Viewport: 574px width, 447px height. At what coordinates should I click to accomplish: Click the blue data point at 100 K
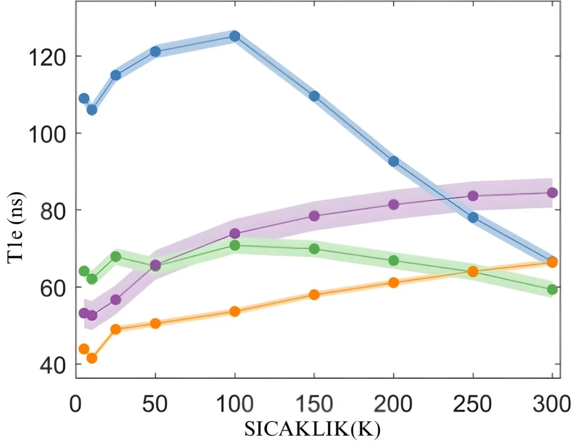(x=235, y=36)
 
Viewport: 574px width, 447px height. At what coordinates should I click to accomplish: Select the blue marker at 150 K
(x=314, y=96)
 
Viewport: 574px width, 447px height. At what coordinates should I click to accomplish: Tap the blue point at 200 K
(x=394, y=162)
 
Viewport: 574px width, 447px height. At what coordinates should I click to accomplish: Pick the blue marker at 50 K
(x=156, y=52)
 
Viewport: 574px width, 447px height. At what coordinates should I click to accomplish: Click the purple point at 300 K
(x=552, y=193)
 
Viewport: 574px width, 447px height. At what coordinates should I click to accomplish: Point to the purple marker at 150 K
(x=314, y=216)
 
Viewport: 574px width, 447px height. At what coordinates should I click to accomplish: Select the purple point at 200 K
(x=394, y=205)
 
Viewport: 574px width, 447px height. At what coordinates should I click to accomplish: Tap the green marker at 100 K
(x=235, y=245)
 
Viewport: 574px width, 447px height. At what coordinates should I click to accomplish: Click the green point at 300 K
(x=552, y=289)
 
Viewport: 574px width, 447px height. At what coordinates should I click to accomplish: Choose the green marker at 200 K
(x=394, y=261)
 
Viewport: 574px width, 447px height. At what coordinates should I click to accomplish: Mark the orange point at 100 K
(x=235, y=311)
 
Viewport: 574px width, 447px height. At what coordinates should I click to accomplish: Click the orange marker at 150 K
(x=314, y=294)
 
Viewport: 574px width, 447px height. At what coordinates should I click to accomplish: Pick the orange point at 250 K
(x=473, y=271)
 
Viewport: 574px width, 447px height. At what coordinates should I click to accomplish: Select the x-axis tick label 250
(x=473, y=404)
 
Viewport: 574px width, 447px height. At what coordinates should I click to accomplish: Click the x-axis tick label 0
(x=76, y=404)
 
